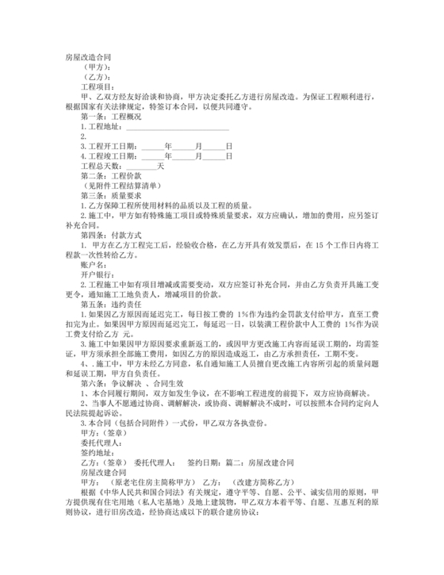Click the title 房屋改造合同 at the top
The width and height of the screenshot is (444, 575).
(x=89, y=58)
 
